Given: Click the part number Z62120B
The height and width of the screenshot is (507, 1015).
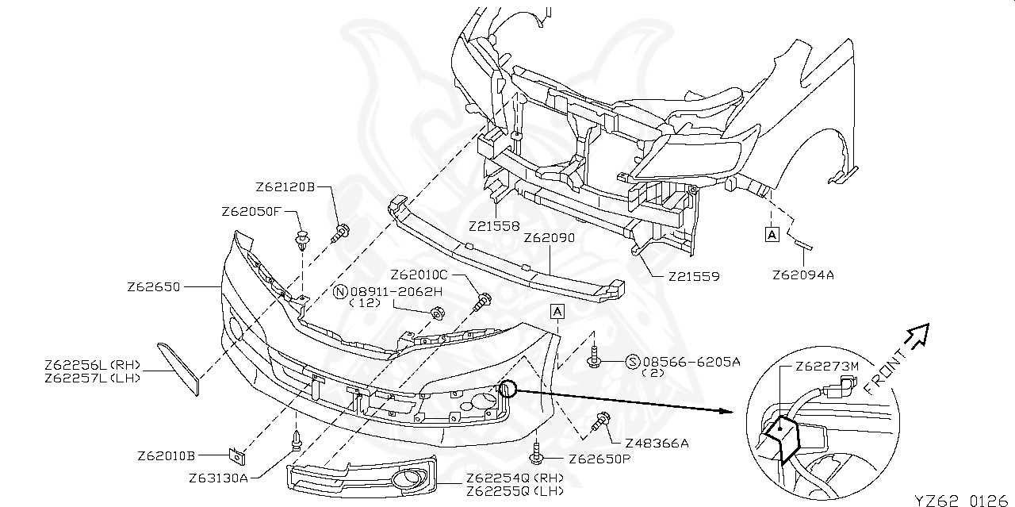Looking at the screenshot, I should click(285, 187).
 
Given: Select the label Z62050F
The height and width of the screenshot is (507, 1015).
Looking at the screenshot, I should click(251, 211).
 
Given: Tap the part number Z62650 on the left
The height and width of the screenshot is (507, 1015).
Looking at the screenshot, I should click(154, 286).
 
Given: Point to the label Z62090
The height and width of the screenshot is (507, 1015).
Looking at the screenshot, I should click(549, 237).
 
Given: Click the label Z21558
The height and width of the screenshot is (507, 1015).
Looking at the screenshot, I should click(494, 226).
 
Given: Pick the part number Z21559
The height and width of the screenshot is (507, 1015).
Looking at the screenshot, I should click(693, 277).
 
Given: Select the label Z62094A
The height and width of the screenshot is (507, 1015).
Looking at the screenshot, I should click(804, 275).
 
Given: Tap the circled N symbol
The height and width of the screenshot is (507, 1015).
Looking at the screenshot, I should click(340, 291).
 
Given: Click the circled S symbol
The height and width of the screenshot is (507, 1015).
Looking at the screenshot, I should click(633, 362).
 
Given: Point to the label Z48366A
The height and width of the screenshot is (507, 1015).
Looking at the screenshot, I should click(657, 443).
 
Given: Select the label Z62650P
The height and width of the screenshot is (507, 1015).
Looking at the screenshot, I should click(600, 459).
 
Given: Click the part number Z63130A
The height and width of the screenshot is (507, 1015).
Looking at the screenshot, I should click(219, 478).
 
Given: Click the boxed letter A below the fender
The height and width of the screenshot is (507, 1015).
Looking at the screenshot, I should click(771, 234).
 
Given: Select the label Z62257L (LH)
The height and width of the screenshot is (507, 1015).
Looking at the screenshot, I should click(93, 378).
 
